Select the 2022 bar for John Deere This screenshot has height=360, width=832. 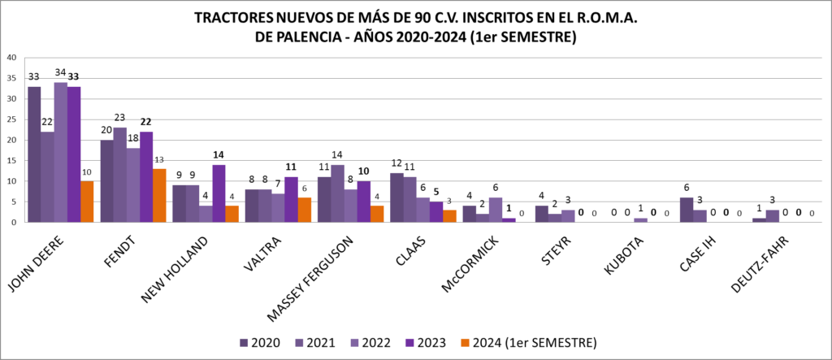click(x=61, y=152)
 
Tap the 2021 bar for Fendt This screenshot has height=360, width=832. click(x=120, y=174)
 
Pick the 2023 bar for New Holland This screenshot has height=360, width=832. click(x=219, y=193)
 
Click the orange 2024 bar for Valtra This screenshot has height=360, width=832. click(x=305, y=209)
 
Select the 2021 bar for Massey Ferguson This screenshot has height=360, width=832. click(x=337, y=193)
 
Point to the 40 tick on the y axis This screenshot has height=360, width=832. click(x=11, y=58)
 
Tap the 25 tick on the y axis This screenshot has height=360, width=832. click(x=11, y=119)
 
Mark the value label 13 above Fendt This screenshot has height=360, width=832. click(x=159, y=160)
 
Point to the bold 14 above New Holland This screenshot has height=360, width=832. click(x=219, y=154)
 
